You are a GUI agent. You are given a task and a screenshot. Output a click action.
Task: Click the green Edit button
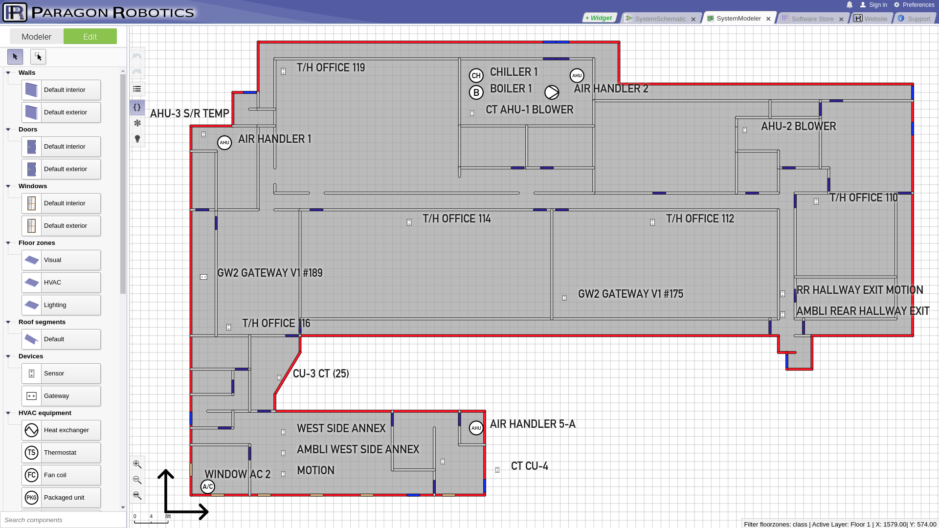(90, 37)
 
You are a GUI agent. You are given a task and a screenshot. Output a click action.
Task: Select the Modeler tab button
(37, 37)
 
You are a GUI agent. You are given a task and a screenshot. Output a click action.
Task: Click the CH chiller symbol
(476, 76)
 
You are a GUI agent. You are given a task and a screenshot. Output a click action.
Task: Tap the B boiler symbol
(476, 92)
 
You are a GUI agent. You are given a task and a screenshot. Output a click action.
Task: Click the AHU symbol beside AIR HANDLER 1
(224, 143)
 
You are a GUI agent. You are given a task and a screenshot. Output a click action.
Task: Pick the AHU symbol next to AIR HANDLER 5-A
(476, 428)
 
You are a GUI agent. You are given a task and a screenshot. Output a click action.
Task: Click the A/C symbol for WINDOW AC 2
(208, 486)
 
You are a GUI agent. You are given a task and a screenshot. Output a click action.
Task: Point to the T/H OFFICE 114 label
(457, 219)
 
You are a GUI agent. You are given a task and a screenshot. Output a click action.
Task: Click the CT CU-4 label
(530, 466)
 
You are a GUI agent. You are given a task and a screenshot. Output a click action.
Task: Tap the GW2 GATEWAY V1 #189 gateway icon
(203, 277)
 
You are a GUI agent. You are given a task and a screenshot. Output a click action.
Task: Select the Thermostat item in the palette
(61, 453)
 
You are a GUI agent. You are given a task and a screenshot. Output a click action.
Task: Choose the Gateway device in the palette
(61, 396)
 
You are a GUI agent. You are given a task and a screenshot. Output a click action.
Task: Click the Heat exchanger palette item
(61, 430)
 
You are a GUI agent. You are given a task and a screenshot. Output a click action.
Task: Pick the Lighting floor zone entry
(61, 305)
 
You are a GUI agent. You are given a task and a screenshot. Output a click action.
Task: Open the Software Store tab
(812, 19)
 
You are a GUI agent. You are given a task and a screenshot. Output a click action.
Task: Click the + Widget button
(599, 18)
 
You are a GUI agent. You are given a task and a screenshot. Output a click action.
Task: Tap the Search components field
(63, 520)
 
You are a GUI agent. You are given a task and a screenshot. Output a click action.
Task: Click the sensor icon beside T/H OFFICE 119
(283, 71)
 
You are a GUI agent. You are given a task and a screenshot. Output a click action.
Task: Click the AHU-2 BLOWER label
(799, 126)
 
